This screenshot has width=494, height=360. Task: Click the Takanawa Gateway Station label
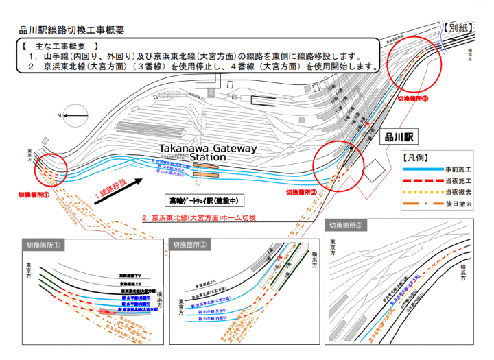pos(208,152)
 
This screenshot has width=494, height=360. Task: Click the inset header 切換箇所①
pos(45,245)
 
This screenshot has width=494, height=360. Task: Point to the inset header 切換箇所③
pos(349,226)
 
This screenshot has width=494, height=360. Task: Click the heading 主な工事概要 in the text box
pos(69,47)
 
